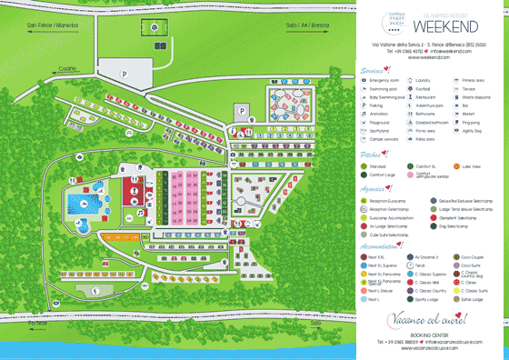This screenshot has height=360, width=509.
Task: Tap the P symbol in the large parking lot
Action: [125, 74]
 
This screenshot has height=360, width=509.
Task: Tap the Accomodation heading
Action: [380, 245]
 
